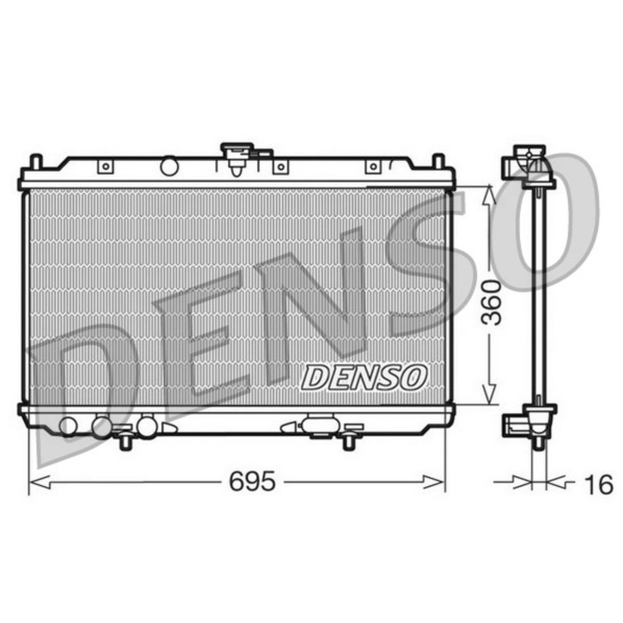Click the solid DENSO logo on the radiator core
point(364,376)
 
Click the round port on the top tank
point(169,166)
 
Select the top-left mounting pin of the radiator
point(36,162)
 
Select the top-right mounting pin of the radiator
point(437,162)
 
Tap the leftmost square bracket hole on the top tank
point(106,166)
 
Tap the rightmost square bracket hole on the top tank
point(373,166)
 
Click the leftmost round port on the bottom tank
point(67,425)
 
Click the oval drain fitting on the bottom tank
point(319,425)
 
